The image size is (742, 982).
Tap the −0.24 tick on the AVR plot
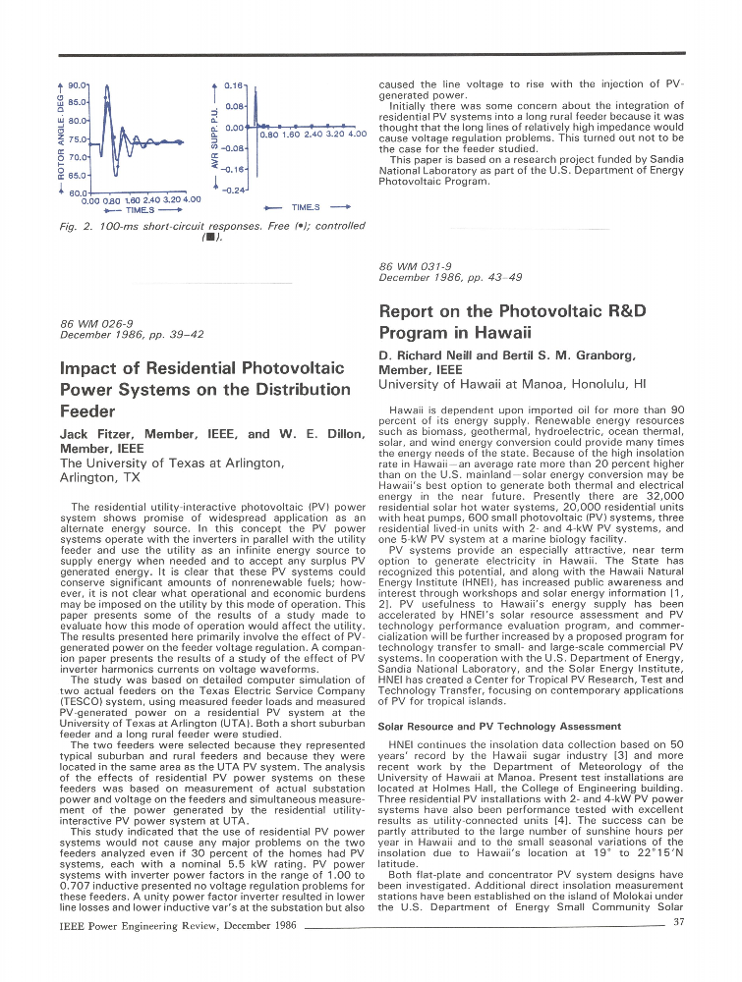click(x=232, y=189)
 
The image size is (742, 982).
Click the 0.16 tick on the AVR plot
click(x=234, y=85)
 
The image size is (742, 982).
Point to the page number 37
click(x=677, y=921)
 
